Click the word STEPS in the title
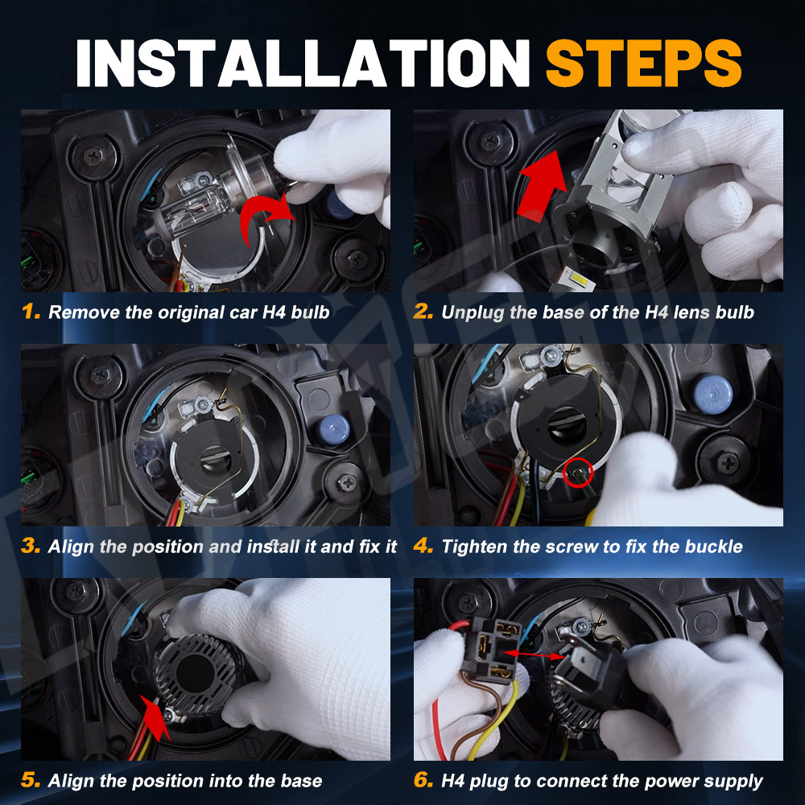(x=643, y=63)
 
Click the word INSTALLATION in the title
(x=303, y=63)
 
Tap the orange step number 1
(x=31, y=311)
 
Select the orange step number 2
(x=423, y=311)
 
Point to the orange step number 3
(x=31, y=545)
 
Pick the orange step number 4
(x=423, y=545)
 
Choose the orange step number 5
(x=31, y=779)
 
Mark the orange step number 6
(x=423, y=779)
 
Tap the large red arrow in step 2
(x=542, y=186)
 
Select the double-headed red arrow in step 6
(x=534, y=654)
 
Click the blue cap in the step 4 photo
(x=712, y=394)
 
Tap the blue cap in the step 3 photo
(x=333, y=430)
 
